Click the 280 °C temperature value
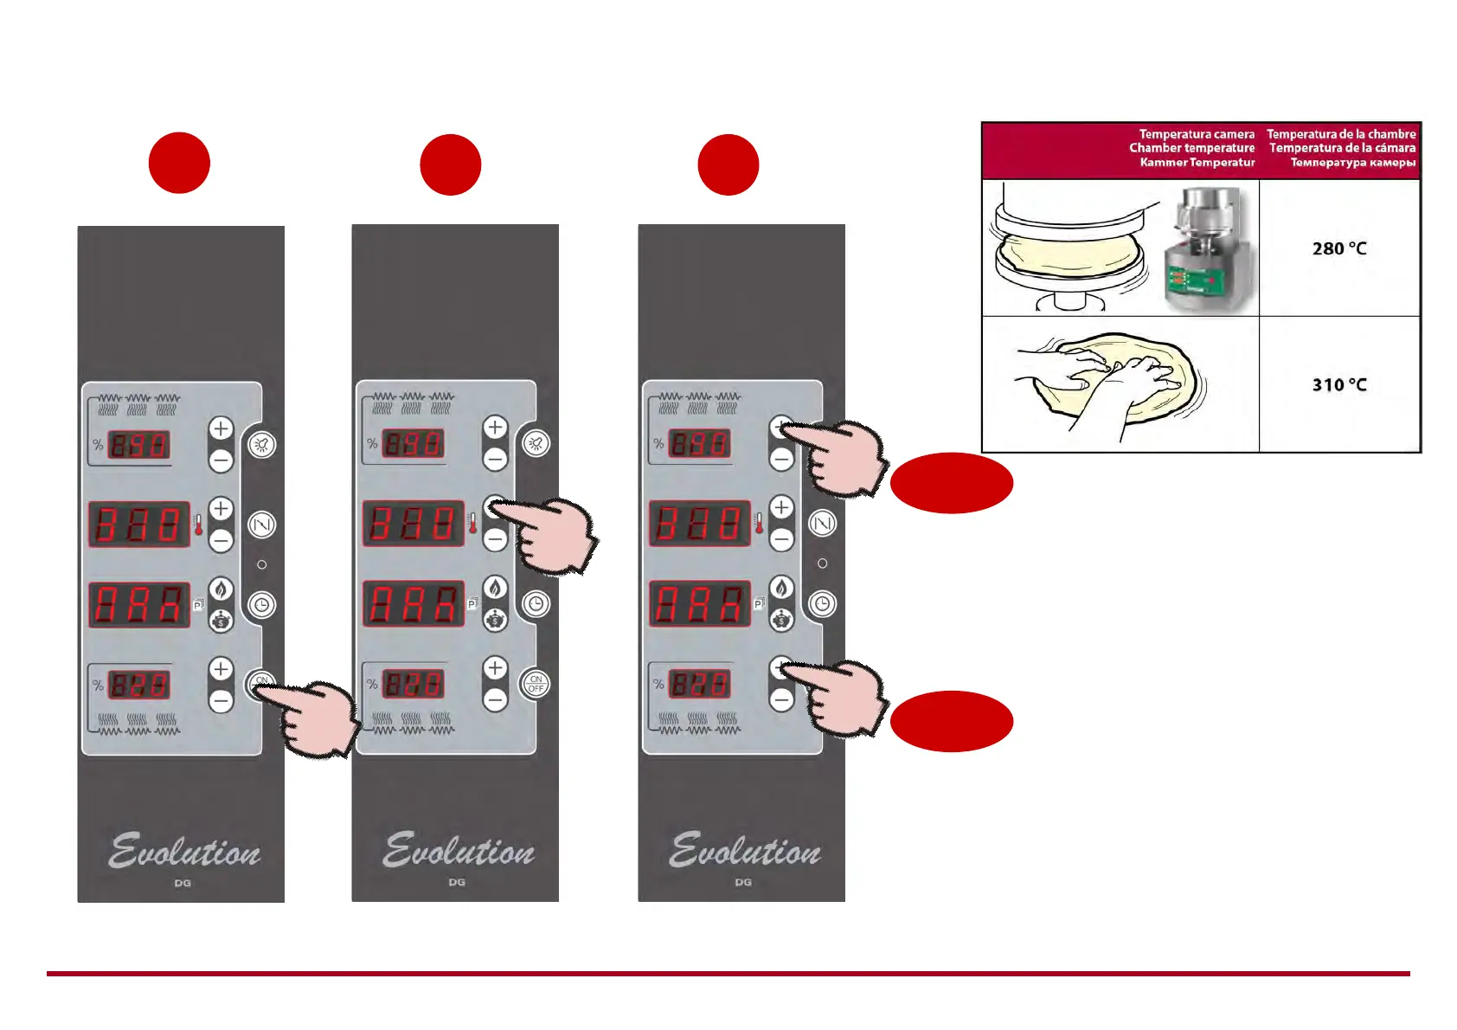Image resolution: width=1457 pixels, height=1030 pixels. pyautogui.click(x=1338, y=249)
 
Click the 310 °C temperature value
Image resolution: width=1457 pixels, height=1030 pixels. pyautogui.click(x=1338, y=385)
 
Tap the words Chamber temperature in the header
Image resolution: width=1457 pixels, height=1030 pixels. pyautogui.click(x=1191, y=148)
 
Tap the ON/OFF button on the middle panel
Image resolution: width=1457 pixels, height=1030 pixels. pyautogui.click(x=536, y=685)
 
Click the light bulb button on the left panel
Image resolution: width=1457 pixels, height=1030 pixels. pyautogui.click(x=261, y=445)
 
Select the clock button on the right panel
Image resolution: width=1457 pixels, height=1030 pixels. pyautogui.click(x=822, y=603)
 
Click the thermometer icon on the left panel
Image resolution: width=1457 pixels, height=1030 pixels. pyautogui.click(x=199, y=524)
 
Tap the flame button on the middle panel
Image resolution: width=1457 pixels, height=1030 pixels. pyautogui.click(x=495, y=589)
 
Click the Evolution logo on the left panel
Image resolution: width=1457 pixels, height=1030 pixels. pyautogui.click(x=184, y=851)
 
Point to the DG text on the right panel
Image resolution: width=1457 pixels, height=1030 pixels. pyautogui.click(x=743, y=882)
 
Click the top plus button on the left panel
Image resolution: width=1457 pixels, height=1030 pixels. pyautogui.click(x=221, y=428)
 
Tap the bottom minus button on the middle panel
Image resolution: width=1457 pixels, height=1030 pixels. pyautogui.click(x=495, y=699)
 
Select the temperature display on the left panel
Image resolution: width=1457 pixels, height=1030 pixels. pyautogui.click(x=138, y=524)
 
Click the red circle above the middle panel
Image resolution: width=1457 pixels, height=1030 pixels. pyautogui.click(x=451, y=164)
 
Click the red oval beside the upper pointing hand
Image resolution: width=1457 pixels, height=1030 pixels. pyautogui.click(x=951, y=483)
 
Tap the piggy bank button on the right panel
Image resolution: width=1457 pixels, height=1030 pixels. pyautogui.click(x=781, y=620)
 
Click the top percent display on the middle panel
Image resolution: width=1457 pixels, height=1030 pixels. pyautogui.click(x=414, y=444)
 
